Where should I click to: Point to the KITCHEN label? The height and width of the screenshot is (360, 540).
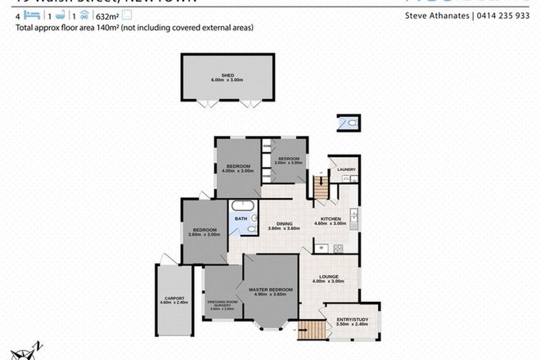pyautogui.click(x=331, y=218)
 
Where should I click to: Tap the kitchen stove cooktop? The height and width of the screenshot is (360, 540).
pyautogui.click(x=322, y=247)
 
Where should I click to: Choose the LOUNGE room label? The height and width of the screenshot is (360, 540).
pyautogui.click(x=331, y=277)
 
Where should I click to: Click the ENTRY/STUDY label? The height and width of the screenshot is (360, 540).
pyautogui.click(x=352, y=321)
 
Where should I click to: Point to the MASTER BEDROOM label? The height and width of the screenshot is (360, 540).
pyautogui.click(x=271, y=289)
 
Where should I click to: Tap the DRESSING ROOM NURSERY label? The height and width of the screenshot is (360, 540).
pyautogui.click(x=223, y=302)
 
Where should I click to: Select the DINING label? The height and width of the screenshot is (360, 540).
pyautogui.click(x=284, y=223)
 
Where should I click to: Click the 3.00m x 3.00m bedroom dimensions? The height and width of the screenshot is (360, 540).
pyautogui.click(x=289, y=162)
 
